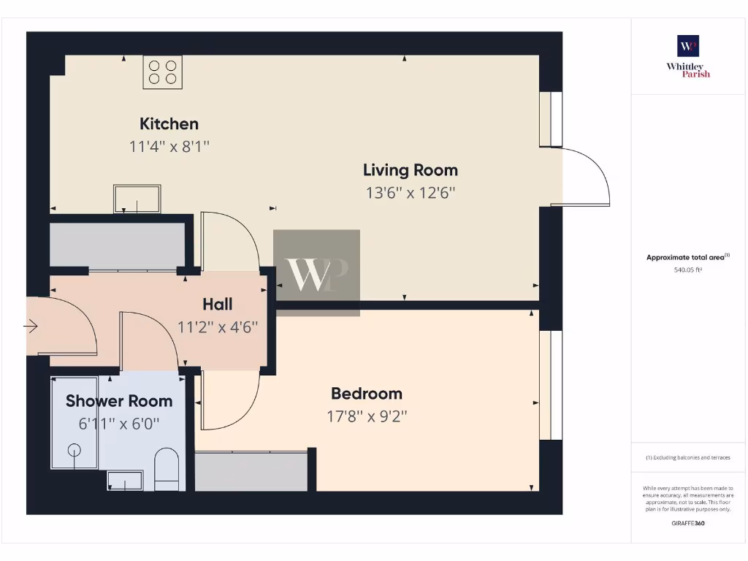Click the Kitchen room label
[x=169, y=123]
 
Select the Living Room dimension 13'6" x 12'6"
[x=411, y=194]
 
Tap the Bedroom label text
[x=367, y=394]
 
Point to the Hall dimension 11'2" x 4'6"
[x=218, y=327]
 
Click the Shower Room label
[x=119, y=401]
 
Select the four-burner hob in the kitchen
[x=163, y=72]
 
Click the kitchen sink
[x=137, y=199]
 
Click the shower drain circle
[x=75, y=451]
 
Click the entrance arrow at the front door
[x=31, y=327]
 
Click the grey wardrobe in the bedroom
[x=252, y=471]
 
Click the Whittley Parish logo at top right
[x=688, y=56]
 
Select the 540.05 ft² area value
[x=688, y=270]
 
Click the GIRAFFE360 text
[x=688, y=523]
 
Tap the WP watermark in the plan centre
[x=316, y=273]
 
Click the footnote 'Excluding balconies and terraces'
[x=688, y=458]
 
